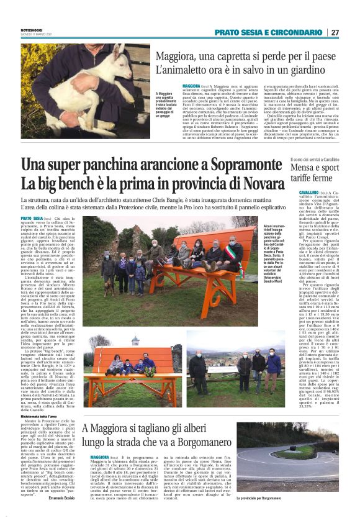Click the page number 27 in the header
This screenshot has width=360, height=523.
point(335,32)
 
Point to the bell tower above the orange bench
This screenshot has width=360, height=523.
point(134,341)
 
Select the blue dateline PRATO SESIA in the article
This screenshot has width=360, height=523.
point(32,219)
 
